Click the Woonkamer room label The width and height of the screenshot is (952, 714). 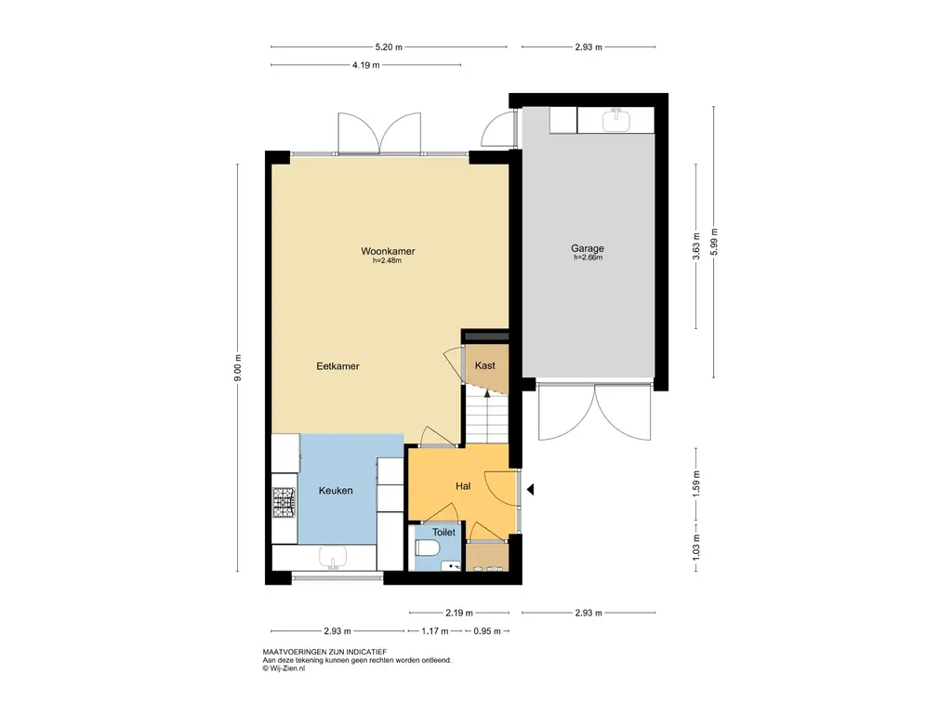[388, 251]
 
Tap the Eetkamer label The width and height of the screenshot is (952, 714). [337, 366]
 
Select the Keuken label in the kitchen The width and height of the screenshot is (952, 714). [336, 491]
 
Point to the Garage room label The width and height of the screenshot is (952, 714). [588, 247]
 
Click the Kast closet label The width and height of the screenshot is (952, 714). [485, 365]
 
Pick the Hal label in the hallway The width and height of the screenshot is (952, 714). [463, 485]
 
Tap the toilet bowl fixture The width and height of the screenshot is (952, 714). [427, 549]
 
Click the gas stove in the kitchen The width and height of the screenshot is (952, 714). [284, 503]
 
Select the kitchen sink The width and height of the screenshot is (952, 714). [333, 558]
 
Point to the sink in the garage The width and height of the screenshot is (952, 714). [616, 120]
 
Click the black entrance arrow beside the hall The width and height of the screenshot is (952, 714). [530, 489]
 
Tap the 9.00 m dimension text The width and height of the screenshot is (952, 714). [238, 368]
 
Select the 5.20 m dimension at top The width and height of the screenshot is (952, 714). [389, 46]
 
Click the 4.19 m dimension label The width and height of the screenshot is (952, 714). [365, 65]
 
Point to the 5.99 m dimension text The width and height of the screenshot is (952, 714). [714, 242]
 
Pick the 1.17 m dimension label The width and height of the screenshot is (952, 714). [435, 631]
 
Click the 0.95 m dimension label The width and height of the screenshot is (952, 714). [487, 631]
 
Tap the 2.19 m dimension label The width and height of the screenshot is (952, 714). [459, 614]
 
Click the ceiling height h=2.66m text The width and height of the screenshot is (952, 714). [588, 258]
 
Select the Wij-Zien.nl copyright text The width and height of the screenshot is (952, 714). [284, 668]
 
